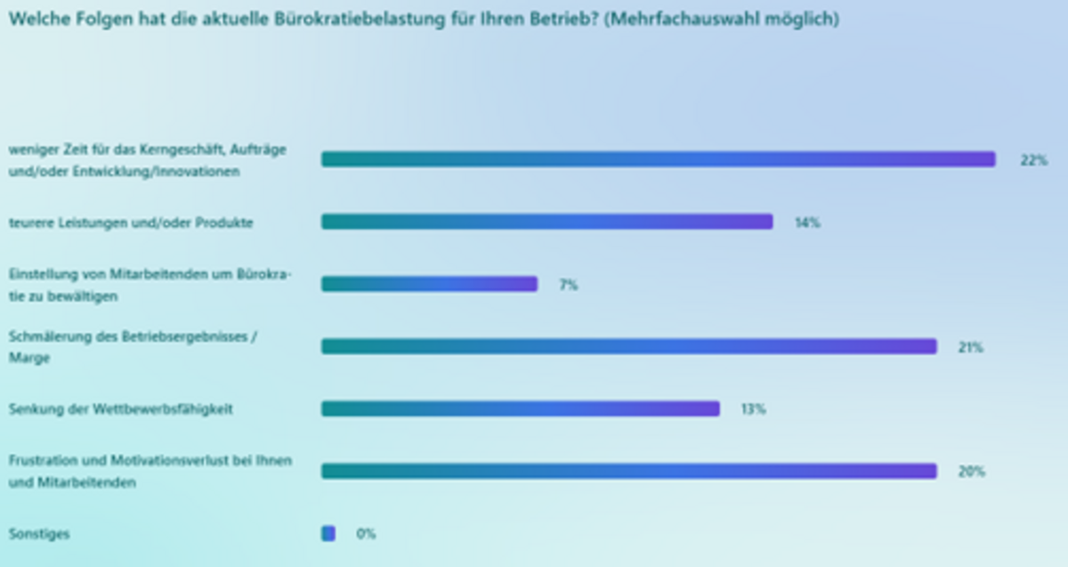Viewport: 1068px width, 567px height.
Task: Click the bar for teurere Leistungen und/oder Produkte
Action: coord(546,222)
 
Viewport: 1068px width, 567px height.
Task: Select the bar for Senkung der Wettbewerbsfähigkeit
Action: coord(520,409)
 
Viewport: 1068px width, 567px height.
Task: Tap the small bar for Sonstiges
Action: coord(328,533)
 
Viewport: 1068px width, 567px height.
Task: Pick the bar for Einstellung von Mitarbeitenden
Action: coord(429,284)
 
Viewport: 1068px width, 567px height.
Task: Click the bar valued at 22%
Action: coord(658,159)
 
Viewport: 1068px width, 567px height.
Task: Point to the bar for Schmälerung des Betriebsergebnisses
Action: coord(628,346)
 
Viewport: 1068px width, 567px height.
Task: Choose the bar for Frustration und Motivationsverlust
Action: coord(628,471)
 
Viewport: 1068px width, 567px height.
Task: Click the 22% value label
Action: coord(1033,160)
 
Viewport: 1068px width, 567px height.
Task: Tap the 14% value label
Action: coord(807,223)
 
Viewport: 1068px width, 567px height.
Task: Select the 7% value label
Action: coord(568,285)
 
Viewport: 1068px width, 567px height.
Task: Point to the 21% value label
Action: coord(970,347)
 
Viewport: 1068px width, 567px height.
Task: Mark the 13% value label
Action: coord(753,409)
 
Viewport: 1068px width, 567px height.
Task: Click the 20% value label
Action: coord(971,472)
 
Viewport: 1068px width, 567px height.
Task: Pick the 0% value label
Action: coord(366,534)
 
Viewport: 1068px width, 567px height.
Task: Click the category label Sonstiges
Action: coord(39,534)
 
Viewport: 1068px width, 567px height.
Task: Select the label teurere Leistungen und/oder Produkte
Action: coord(131,223)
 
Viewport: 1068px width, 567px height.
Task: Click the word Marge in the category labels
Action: coord(29,358)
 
